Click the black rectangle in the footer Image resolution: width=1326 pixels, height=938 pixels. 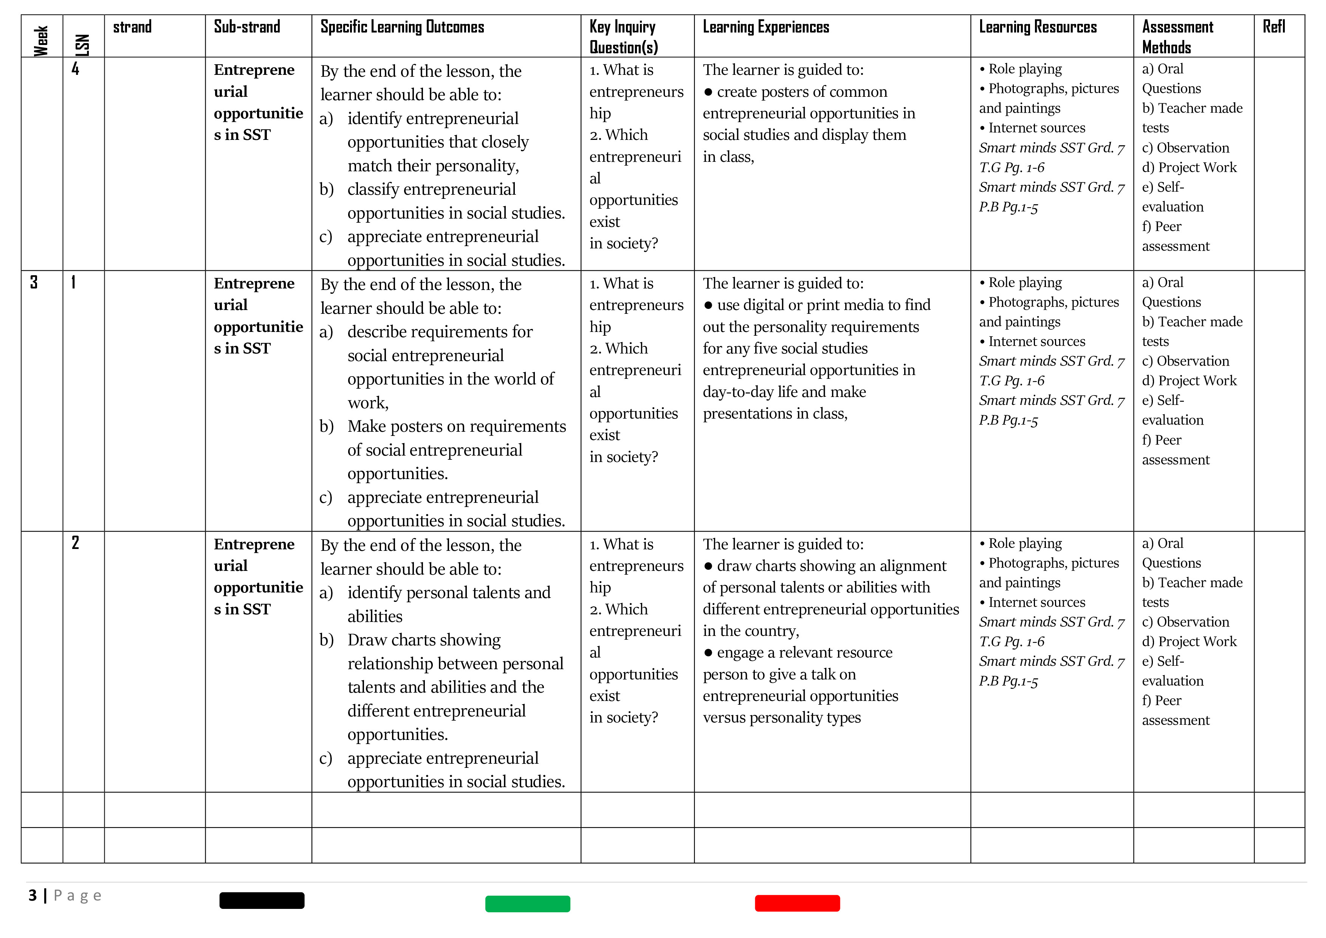click(262, 901)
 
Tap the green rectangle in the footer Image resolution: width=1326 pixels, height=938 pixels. click(527, 904)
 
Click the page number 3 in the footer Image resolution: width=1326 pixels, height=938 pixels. click(33, 895)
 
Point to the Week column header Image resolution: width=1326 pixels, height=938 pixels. click(40, 40)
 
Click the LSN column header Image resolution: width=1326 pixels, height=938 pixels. click(83, 45)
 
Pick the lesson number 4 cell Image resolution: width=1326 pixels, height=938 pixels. click(75, 69)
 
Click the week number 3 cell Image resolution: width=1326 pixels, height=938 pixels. click(34, 282)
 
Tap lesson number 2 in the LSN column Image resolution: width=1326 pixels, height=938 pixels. click(75, 543)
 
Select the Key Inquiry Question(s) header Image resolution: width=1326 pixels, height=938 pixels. click(623, 36)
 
